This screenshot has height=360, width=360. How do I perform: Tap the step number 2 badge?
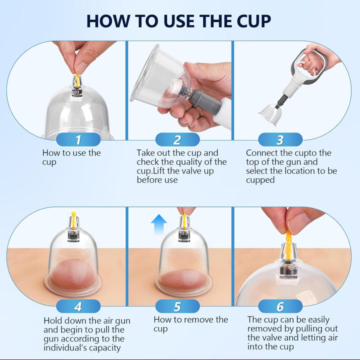click(177, 139)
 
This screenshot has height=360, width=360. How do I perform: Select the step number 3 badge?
click(280, 139)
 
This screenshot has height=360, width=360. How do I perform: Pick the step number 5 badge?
click(177, 306)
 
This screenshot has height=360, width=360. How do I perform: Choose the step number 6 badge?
click(280, 306)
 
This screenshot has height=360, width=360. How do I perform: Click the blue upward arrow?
click(159, 223)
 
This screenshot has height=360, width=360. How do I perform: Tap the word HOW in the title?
click(108, 21)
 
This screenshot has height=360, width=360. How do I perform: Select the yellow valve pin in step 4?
click(73, 217)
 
